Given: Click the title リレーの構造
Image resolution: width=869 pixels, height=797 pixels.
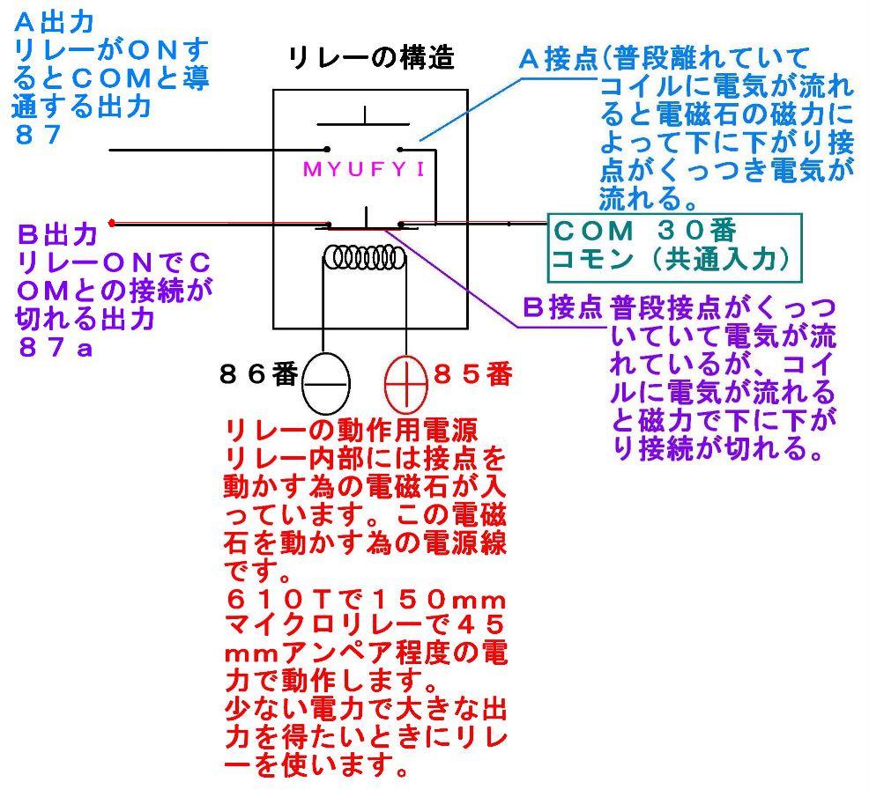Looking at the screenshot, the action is pos(372,58).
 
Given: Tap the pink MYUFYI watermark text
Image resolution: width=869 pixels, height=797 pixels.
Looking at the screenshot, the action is pos(365,169).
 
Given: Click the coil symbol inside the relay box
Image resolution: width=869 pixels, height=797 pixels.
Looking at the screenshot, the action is pos(365,257).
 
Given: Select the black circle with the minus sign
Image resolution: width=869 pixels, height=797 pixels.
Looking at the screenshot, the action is pos(326,383).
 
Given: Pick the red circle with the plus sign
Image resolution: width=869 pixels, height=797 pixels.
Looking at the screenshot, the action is pos(406,383).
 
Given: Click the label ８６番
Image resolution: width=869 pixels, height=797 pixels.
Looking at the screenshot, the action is pos(259,374).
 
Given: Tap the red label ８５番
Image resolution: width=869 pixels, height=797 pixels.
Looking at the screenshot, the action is pos(472,374).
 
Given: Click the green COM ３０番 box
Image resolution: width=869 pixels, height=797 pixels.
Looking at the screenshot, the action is pos(674,247).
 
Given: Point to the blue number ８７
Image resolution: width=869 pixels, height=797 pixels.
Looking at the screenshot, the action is pos(37,135).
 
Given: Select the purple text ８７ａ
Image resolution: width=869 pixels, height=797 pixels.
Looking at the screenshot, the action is pos(56,347).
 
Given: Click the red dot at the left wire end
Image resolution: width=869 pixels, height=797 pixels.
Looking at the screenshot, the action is pos(112,223).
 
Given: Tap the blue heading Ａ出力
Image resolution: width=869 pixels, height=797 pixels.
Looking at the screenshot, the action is pos(54,22).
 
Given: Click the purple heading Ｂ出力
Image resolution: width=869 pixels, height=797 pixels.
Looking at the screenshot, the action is pos(57,234).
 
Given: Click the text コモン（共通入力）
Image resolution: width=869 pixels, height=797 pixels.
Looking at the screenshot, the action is pos(671,259).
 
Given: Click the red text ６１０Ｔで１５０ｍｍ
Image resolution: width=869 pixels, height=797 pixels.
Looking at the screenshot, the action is pos(366,600).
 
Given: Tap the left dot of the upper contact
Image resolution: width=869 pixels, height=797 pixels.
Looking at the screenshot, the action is pos(328,149).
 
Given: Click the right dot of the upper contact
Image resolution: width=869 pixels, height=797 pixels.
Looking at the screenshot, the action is pos(399,149).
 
